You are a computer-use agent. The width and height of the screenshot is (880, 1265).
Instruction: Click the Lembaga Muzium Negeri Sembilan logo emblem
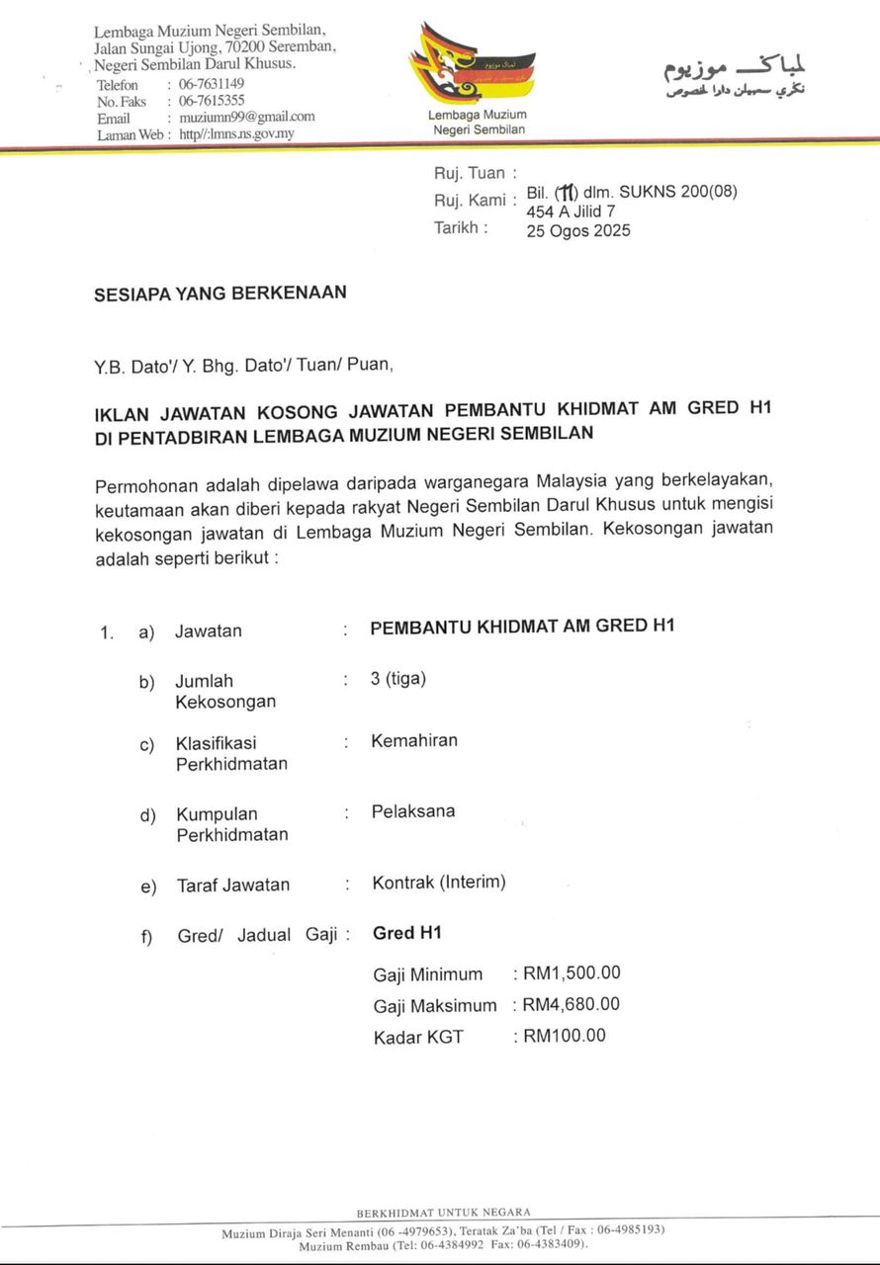pos(472,63)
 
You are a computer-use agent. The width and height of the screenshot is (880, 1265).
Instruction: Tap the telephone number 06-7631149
pos(211,84)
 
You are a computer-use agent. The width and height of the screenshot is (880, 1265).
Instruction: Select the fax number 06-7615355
pos(211,101)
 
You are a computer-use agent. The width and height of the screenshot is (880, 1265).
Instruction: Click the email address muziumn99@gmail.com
pos(246,117)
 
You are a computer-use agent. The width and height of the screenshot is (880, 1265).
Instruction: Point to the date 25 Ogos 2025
pos(578,230)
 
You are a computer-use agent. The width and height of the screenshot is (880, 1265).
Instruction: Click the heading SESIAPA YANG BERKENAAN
pos(220,294)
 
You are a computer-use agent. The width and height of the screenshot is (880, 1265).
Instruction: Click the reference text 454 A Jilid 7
pos(571,211)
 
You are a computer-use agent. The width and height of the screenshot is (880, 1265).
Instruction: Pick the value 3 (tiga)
pos(398,679)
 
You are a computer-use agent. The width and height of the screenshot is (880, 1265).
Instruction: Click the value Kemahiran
pos(414,740)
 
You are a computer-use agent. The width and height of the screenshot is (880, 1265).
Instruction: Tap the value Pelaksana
pos(413,811)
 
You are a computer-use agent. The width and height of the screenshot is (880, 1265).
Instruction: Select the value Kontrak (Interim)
pos(439,883)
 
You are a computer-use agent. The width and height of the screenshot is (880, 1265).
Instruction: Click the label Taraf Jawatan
pos(233,885)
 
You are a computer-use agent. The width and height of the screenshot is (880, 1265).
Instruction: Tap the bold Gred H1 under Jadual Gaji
pos(406,933)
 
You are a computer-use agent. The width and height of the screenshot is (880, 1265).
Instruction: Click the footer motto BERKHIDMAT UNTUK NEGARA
pos(443,1212)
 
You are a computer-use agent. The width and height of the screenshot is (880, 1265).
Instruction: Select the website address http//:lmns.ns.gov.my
pos(236,133)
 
